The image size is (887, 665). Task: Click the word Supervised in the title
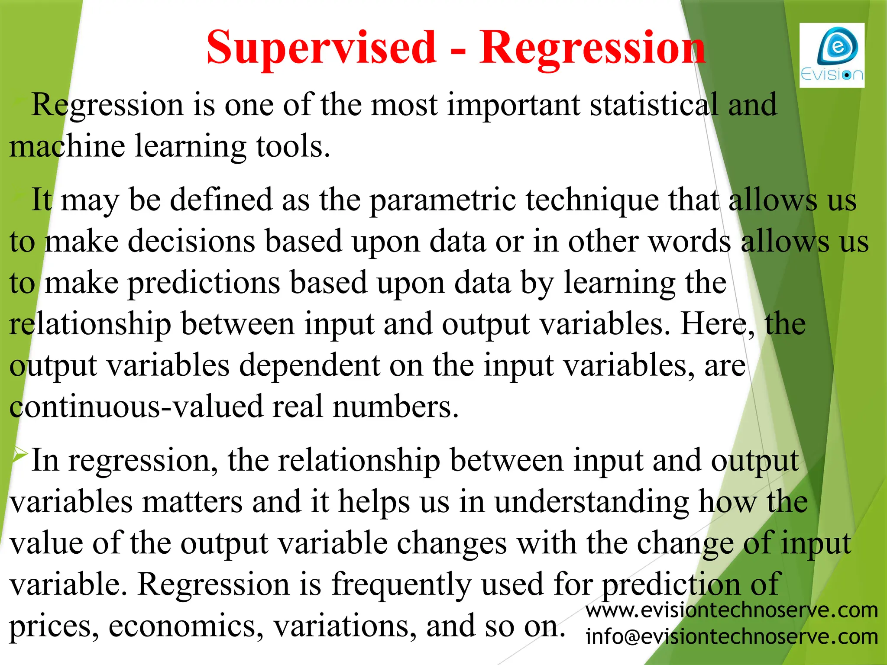point(321,48)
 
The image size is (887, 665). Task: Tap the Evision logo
point(832,55)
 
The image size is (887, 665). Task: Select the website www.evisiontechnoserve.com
point(732,610)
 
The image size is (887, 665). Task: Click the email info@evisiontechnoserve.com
point(732,636)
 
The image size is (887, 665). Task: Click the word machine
point(67,146)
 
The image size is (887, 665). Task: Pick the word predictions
point(204,283)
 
